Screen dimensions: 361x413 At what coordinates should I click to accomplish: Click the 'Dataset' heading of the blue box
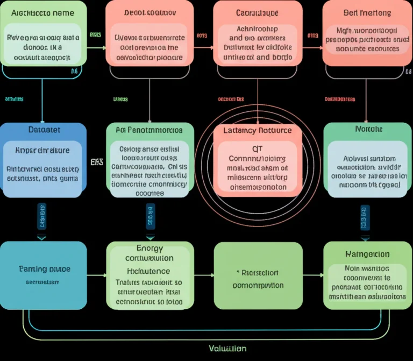[44, 130]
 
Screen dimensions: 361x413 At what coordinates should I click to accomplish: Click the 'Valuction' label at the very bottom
[227, 349]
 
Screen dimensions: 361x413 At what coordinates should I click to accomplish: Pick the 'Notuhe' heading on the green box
[368, 130]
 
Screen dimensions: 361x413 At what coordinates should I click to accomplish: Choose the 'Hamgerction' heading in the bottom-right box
[367, 254]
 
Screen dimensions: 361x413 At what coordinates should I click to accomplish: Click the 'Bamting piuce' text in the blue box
[44, 268]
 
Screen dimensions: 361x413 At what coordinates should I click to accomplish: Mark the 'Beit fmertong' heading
[367, 12]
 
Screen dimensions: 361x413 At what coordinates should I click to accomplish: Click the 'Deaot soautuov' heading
[149, 12]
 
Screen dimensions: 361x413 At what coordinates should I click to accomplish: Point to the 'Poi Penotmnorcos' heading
[149, 130]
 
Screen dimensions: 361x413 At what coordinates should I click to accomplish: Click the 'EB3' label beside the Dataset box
[97, 161]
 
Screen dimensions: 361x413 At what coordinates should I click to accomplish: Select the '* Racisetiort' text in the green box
[258, 273]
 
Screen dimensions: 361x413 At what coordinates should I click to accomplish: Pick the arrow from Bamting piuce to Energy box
[97, 275]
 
